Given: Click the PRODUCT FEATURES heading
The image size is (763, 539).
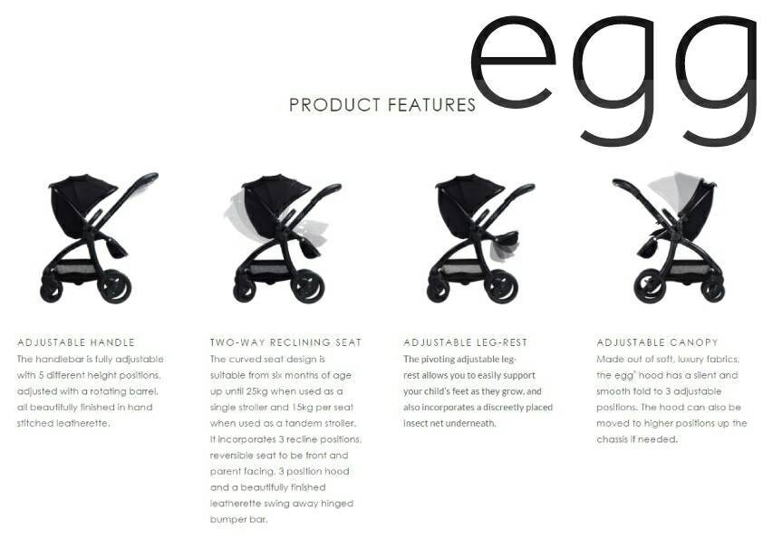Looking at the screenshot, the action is (x=382, y=104).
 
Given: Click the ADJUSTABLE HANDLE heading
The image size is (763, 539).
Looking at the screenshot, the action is (x=76, y=342).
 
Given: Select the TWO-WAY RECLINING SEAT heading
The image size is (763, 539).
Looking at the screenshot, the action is (x=286, y=342).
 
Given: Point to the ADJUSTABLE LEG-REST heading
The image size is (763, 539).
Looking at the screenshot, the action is (x=465, y=342).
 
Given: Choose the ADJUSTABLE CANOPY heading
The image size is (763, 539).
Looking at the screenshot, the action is (x=657, y=342).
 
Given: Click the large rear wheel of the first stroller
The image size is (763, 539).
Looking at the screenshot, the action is (x=115, y=286).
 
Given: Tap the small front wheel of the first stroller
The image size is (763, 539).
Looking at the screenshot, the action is (x=51, y=290).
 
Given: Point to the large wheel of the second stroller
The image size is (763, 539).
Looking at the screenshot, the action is (x=307, y=286).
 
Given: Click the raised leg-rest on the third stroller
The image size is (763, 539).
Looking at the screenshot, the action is (x=506, y=238).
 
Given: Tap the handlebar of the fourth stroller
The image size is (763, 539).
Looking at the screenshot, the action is (x=628, y=185).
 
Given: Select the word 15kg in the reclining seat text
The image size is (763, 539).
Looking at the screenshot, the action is (x=300, y=408).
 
